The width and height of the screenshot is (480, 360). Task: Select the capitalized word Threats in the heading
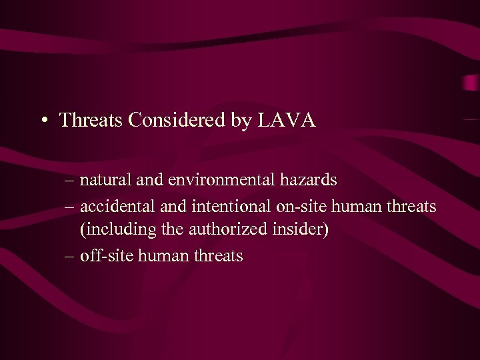pyautogui.click(x=92, y=121)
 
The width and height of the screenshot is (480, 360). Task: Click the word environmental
pyautogui.click(x=216, y=179)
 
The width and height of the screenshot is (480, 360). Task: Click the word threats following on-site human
pyautogui.click(x=411, y=206)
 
